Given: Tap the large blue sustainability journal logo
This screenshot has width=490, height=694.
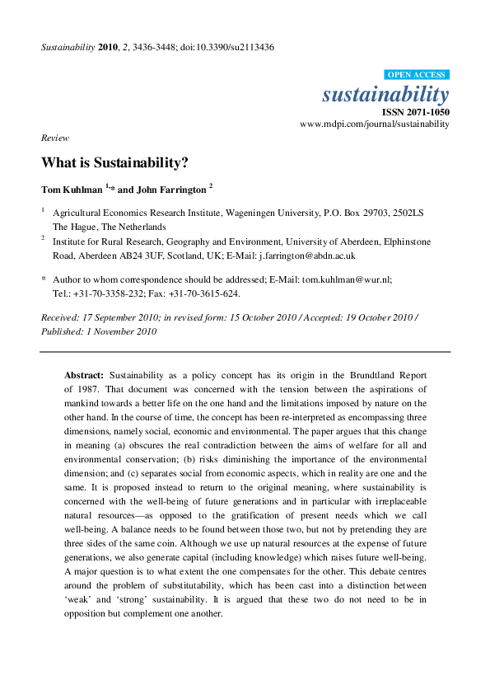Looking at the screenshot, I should pyautogui.click(x=385, y=94).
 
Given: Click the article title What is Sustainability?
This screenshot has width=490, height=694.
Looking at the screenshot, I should pyautogui.click(x=115, y=162).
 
